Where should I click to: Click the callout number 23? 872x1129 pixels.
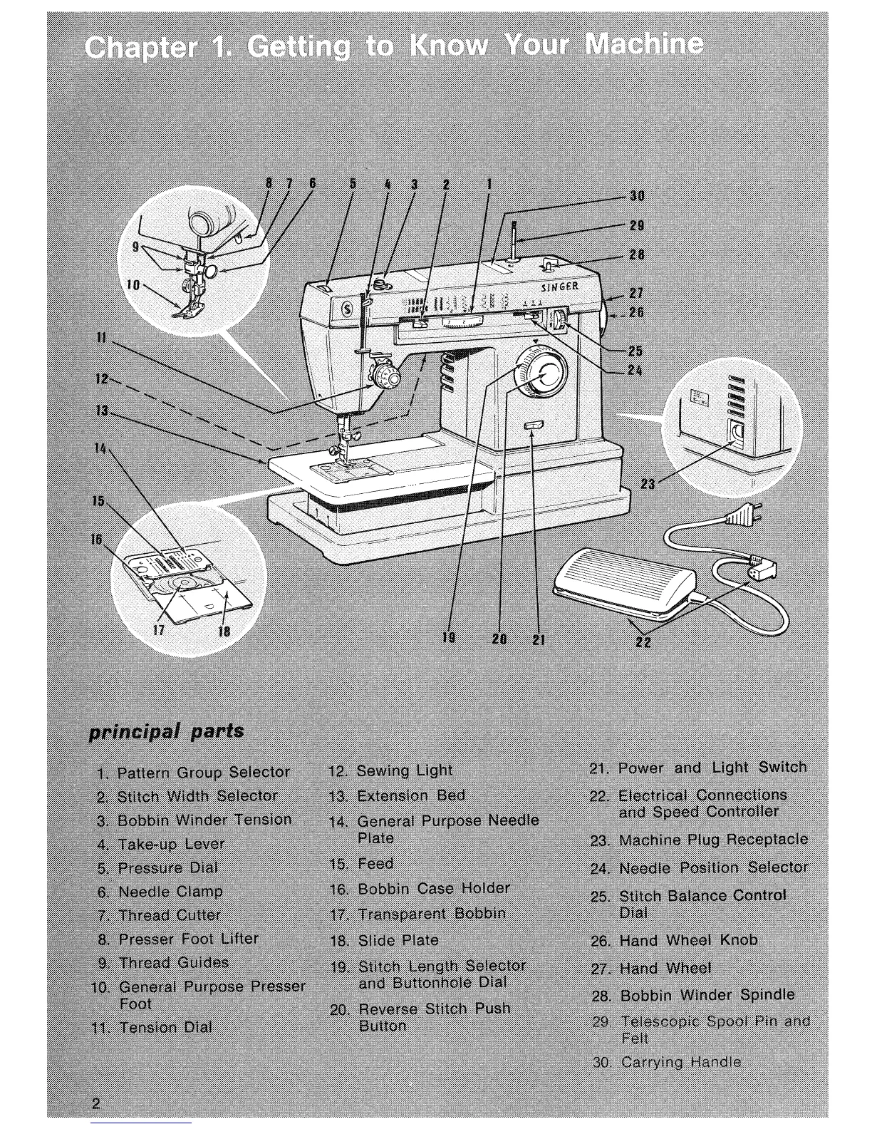pyautogui.click(x=648, y=485)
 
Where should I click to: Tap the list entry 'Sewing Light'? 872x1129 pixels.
pyautogui.click(x=403, y=770)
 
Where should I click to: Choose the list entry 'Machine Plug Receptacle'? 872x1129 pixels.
pyautogui.click(x=713, y=840)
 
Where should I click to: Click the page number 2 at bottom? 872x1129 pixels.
pyautogui.click(x=96, y=1104)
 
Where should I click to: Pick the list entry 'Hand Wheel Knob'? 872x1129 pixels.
pyautogui.click(x=688, y=941)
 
